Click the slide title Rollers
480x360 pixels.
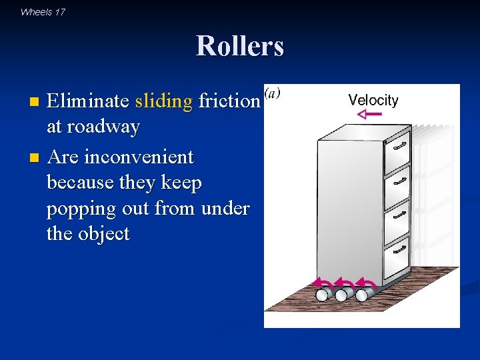click(x=240, y=46)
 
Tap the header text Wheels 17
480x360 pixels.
click(x=43, y=11)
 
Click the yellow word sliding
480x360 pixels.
click(x=163, y=101)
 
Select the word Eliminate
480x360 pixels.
click(x=88, y=101)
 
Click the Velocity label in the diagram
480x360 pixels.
click(x=373, y=101)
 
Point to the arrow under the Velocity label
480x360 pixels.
click(x=369, y=115)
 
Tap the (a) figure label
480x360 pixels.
click(x=272, y=93)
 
